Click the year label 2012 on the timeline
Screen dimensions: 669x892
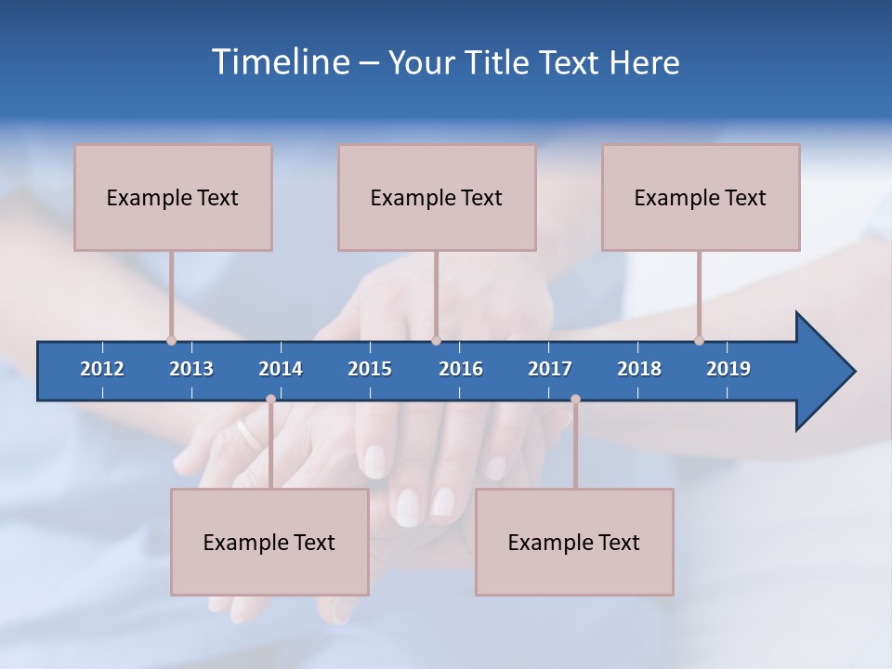102,369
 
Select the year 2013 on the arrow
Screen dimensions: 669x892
191,369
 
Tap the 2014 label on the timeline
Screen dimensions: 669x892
281,369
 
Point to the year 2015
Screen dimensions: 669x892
370,369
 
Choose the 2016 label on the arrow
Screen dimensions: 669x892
461,369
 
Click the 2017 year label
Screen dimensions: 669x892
550,369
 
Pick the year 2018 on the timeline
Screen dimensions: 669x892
639,369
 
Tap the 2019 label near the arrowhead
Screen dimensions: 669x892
728,369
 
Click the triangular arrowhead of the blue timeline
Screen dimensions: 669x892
823,372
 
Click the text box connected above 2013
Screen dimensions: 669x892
173,197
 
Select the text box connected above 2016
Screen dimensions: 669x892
437,197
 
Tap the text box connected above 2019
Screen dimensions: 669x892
701,197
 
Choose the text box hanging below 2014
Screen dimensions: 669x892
269,542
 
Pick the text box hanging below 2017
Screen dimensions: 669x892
574,542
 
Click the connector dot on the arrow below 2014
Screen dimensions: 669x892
270,399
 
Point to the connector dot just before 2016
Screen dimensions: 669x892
436,340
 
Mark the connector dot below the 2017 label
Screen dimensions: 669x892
575,399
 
